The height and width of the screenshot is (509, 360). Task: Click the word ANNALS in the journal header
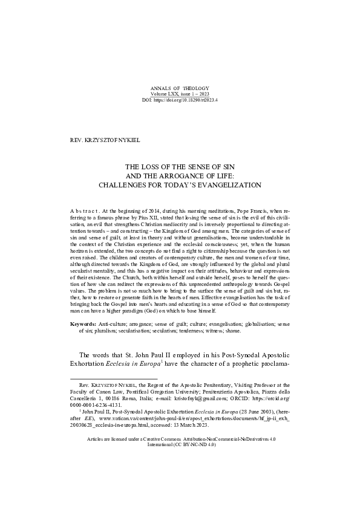point(159,89)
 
